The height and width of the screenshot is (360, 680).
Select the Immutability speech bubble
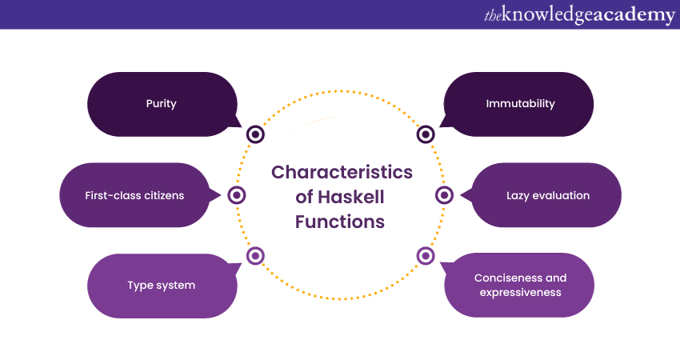pyautogui.click(x=520, y=104)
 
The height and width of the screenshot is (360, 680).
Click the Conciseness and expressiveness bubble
pyautogui.click(x=520, y=285)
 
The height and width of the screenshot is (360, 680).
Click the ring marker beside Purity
pyautogui.click(x=255, y=134)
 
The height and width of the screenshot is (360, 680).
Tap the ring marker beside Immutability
pyautogui.click(x=426, y=134)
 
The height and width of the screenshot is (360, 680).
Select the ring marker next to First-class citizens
pyautogui.click(x=237, y=195)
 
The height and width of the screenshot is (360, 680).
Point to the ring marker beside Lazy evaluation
pyautogui.click(x=445, y=195)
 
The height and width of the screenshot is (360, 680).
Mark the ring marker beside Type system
pyautogui.click(x=255, y=256)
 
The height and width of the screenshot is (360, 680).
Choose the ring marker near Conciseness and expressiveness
pyautogui.click(x=426, y=256)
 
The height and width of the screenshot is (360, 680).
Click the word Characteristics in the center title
pyautogui.click(x=342, y=172)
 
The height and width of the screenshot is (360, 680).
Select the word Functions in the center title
pyautogui.click(x=340, y=221)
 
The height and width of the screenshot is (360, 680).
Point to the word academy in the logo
pyautogui.click(x=631, y=14)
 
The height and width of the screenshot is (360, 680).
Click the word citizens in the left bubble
pyautogui.click(x=160, y=195)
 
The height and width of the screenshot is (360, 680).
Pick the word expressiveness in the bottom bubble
pyautogui.click(x=520, y=292)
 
